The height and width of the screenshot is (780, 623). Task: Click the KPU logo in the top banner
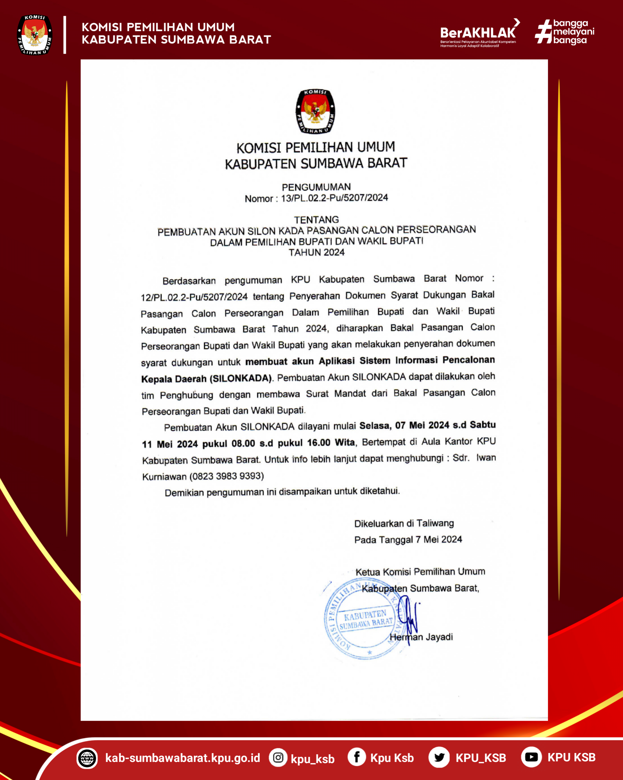click(35, 35)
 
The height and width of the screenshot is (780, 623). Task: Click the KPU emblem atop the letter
click(315, 111)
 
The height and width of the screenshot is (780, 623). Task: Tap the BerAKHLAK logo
click(478, 33)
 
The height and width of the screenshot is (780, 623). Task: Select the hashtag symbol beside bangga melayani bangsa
click(543, 32)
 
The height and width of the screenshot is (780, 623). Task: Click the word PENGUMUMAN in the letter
click(316, 187)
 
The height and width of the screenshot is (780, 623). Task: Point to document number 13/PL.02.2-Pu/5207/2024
click(334, 198)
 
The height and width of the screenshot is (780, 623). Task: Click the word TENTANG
click(316, 220)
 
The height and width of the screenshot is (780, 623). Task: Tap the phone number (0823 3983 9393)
click(227, 476)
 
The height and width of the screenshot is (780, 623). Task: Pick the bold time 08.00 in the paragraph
click(243, 444)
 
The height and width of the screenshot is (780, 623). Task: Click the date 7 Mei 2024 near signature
click(439, 539)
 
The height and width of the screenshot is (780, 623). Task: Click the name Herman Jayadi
click(421, 637)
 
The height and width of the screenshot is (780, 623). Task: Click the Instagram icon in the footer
click(278, 758)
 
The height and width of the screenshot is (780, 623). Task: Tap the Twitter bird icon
click(439, 758)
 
